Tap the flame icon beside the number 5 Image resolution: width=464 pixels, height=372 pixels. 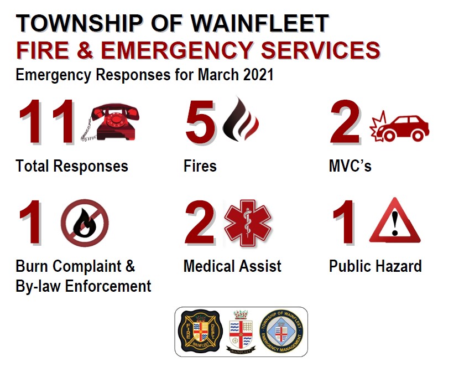[240, 120]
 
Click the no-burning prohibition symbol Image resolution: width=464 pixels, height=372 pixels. [85, 223]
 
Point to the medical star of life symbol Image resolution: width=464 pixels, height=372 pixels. [247, 223]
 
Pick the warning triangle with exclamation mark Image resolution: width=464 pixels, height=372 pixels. [394, 222]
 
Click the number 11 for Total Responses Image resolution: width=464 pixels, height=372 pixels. [48, 122]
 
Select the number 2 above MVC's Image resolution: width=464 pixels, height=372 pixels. [346, 122]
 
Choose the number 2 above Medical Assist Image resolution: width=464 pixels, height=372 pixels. [200, 224]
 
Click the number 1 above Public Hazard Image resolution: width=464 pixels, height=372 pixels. [346, 224]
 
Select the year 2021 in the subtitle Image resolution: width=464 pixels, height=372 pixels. [257, 75]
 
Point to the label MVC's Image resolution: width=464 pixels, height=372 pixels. [350, 166]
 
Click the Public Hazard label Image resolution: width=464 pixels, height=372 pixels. [375, 266]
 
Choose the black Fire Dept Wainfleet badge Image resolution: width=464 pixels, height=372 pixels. [201, 332]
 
